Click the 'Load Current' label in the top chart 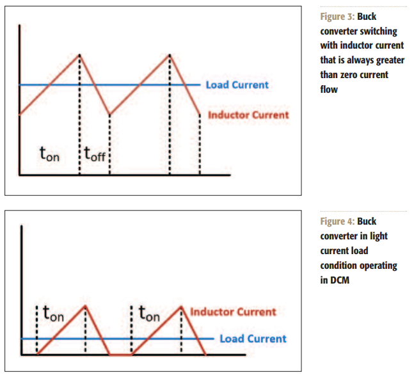coord(237,84)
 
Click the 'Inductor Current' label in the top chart coord(248,115)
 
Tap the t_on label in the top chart coord(49,154)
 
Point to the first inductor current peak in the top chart coord(79,54)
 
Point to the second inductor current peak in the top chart coord(170,54)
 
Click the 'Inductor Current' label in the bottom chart coord(233,312)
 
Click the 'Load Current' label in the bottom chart coord(253,339)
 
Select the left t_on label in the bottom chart coord(53,314)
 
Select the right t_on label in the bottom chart coord(149,314)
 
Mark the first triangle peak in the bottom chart coord(85,305)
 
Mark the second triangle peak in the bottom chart coord(182,305)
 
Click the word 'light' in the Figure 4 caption coord(379,236)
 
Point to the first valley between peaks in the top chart coord(110,115)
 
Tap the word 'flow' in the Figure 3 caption coord(329,90)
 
